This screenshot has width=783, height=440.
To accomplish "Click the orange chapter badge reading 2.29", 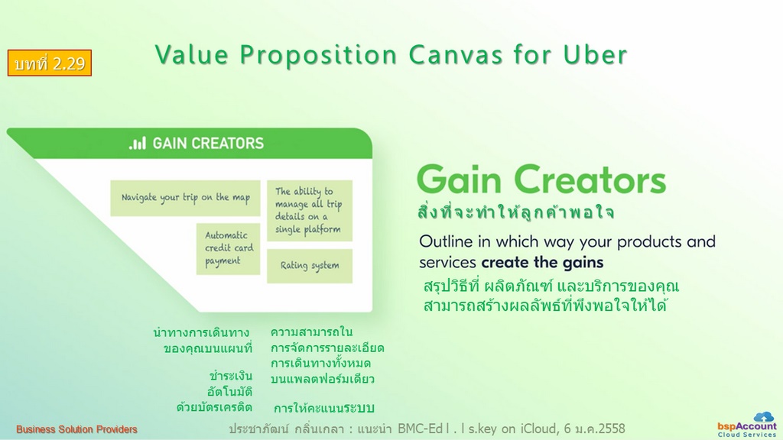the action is pos(50,63).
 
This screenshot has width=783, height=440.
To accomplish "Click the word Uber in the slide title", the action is pos(595,54).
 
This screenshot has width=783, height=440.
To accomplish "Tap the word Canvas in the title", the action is pos(456,54).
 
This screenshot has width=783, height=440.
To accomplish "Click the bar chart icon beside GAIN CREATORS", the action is pos(138,143).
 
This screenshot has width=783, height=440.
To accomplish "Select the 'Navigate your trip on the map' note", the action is pos(185,198).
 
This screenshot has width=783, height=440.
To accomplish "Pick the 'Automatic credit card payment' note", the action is pos(228,248).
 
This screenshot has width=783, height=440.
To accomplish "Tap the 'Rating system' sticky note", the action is pos(310,266).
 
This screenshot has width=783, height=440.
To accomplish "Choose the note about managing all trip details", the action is pos(310,211).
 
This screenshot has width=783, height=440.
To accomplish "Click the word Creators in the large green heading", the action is pos(590,180).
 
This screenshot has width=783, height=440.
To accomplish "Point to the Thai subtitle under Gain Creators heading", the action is pos(515,212).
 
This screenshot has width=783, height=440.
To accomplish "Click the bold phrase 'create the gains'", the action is pos(542,263).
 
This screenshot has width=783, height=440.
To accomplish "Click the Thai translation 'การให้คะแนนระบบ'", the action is pos(323,408).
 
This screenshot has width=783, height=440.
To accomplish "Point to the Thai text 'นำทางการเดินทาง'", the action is pos(201,332).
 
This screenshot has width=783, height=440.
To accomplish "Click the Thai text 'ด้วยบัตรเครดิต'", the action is pos(214,407).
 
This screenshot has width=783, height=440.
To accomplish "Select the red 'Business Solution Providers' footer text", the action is pos(76,429).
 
